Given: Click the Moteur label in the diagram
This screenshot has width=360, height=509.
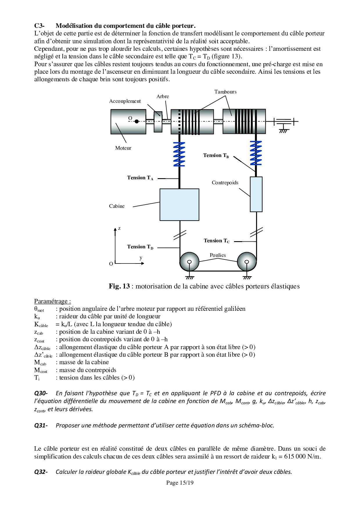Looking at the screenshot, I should click(123, 148).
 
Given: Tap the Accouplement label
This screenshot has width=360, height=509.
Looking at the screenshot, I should click(125, 101).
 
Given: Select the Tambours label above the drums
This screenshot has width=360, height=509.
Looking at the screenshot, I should click(225, 92).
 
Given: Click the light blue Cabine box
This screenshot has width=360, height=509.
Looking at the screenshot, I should click(179, 205).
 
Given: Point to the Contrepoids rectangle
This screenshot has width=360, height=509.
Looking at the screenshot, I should click(256, 194).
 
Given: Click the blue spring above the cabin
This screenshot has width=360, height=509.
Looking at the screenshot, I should click(179, 154).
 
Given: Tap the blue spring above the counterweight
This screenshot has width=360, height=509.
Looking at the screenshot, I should click(256, 153).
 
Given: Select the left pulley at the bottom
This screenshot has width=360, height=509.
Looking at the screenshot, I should click(189, 262).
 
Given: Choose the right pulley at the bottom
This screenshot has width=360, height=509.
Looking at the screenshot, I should click(247, 262).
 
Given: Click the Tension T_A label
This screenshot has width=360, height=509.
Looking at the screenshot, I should click(140, 178).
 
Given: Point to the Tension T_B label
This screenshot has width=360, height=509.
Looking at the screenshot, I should click(216, 156).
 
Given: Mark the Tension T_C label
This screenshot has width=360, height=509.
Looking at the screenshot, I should click(217, 241).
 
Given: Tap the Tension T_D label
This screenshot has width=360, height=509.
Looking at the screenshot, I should click(140, 247).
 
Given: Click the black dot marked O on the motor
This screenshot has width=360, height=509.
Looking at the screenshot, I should click(136, 121).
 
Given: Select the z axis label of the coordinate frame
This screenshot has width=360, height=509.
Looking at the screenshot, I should click(119, 228).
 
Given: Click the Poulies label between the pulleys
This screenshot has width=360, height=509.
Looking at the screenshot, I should click(218, 255).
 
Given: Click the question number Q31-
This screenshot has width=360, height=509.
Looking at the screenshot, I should click(41, 425).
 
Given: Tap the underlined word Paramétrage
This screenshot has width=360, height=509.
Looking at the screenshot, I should click(52, 301).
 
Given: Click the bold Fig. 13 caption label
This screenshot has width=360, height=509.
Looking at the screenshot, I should click(119, 286).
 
